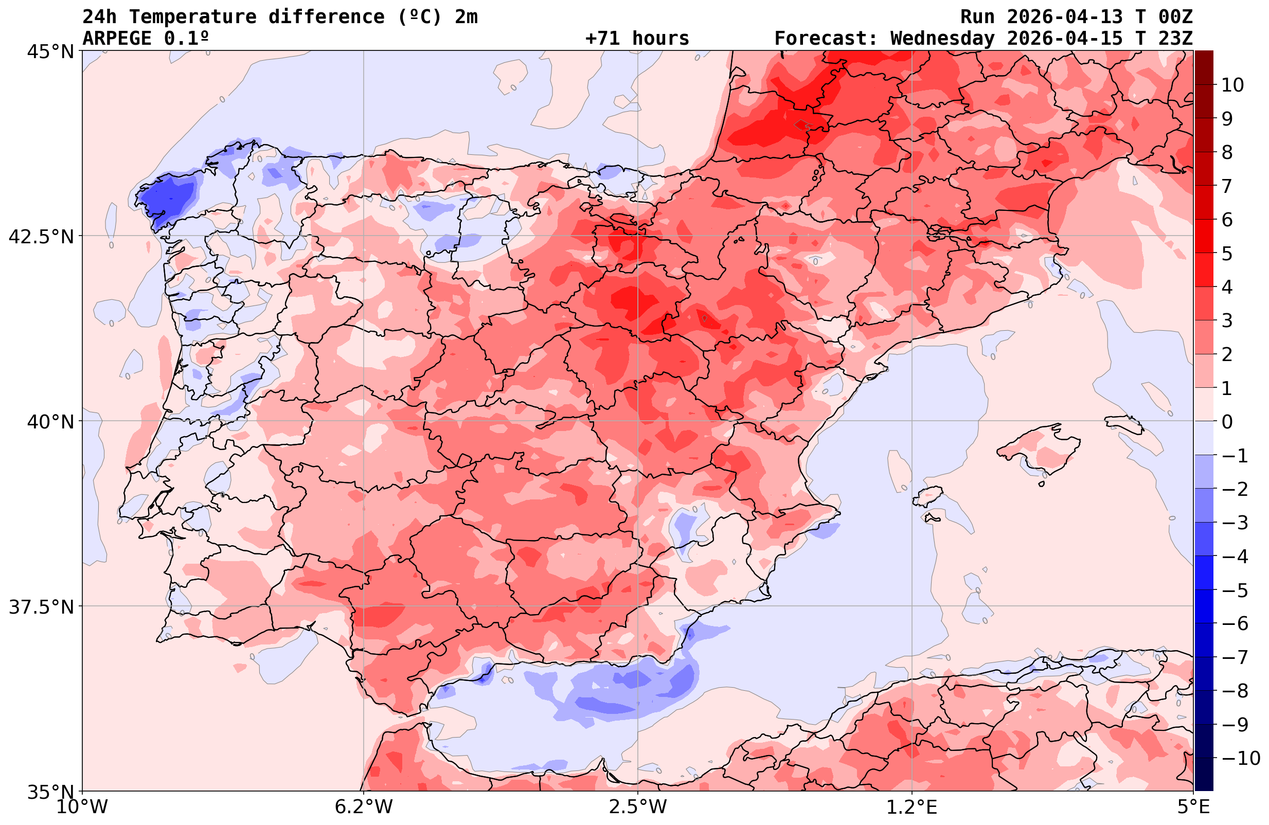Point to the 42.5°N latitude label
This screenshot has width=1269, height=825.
point(41,236)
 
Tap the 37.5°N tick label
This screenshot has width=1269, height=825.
point(41,607)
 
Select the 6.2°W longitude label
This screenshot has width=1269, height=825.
point(363,807)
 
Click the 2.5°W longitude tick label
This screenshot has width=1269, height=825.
point(638,807)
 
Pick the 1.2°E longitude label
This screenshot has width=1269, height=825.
point(912,807)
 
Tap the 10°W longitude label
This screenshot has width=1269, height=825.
point(82,807)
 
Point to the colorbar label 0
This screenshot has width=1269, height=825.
point(1227,422)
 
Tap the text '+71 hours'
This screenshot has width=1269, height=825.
point(637,39)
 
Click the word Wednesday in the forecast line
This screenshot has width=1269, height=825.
point(942,39)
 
